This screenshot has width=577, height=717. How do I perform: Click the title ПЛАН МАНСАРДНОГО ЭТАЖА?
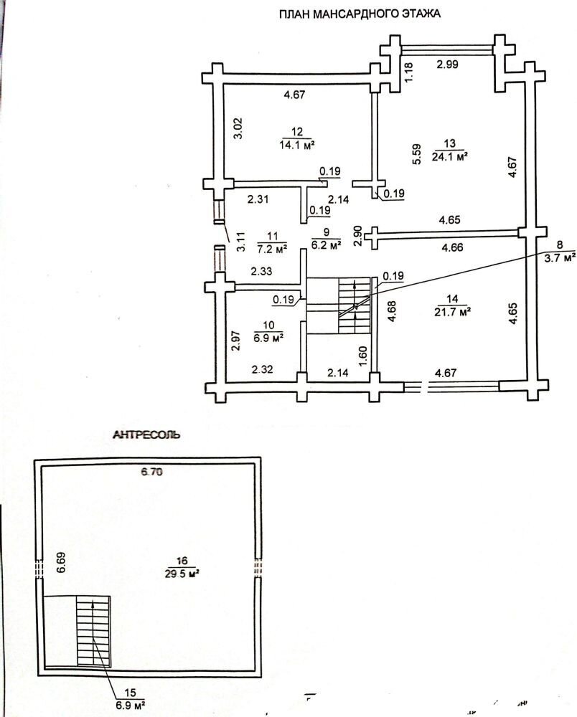pyautogui.click(x=360, y=14)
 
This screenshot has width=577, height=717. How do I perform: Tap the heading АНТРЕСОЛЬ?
pyautogui.click(x=146, y=435)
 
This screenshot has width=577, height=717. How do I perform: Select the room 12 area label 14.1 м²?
pyautogui.click(x=297, y=146)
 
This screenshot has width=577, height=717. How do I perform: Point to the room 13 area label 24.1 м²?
pyautogui.click(x=449, y=157)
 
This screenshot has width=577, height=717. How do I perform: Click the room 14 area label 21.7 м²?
pyautogui.click(x=453, y=312)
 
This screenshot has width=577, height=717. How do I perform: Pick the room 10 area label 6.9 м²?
pyautogui.click(x=268, y=338)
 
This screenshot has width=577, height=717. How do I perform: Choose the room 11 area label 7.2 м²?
pyautogui.click(x=272, y=249)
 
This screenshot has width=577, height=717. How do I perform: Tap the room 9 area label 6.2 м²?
pyautogui.click(x=327, y=245)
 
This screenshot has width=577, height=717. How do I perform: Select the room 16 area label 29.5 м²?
pyautogui.click(x=182, y=574)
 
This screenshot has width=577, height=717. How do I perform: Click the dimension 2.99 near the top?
pyautogui.click(x=447, y=65)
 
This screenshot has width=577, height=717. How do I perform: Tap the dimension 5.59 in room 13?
pyautogui.click(x=416, y=155)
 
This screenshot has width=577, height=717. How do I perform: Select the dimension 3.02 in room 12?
pyautogui.click(x=238, y=128)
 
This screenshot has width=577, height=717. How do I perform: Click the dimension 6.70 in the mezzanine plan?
pyautogui.click(x=151, y=472)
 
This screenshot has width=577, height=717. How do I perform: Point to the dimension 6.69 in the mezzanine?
pyautogui.click(x=61, y=563)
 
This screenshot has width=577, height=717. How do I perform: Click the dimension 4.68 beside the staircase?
pyautogui.click(x=392, y=311)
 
